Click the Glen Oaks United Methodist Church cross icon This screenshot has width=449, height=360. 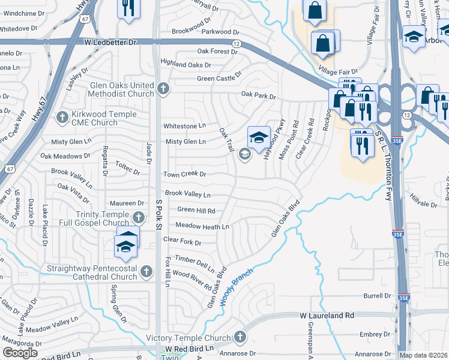(162, 89)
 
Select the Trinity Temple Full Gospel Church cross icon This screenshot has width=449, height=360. (138, 217)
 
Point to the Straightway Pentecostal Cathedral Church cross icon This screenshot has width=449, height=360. (146, 272)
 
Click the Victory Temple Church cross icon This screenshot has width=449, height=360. (241, 337)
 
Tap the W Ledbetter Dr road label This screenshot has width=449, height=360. (110, 43)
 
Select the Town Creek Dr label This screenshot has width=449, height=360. (185, 174)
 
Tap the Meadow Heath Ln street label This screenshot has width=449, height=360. (202, 226)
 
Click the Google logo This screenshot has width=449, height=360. (20, 353)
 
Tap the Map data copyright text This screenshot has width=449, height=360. (424, 355)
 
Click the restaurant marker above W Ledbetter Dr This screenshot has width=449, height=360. (127, 8)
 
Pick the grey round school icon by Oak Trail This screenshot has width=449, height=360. (244, 155)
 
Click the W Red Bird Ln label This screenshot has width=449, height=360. (190, 348)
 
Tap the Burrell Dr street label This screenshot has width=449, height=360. (376, 296)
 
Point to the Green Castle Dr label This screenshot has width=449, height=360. (219, 78)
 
